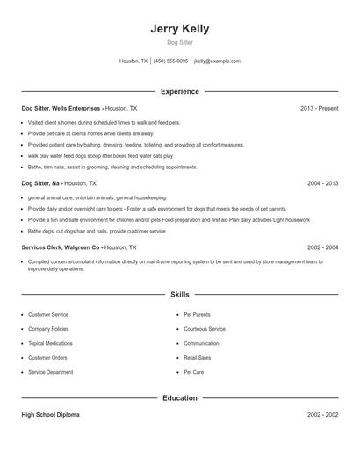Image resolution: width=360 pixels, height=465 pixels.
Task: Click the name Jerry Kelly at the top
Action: point(180,29)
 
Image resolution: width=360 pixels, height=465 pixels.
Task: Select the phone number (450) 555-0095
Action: point(170,61)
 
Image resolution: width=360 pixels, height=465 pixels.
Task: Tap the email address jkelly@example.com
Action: point(217,61)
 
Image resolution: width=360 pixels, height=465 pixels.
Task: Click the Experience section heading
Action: point(180,91)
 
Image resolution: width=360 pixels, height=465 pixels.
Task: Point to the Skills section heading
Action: point(180,295)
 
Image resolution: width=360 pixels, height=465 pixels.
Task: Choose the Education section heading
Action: point(180,398)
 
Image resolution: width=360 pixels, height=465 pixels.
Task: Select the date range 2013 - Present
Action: point(319,108)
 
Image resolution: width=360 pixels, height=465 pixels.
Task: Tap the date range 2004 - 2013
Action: point(322,184)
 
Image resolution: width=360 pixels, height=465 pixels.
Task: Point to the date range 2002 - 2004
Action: point(322,247)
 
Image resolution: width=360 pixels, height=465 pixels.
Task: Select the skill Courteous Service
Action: point(205,328)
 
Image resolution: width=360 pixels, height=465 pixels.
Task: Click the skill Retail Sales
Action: point(198,358)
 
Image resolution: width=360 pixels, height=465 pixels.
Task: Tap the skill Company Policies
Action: point(47,328)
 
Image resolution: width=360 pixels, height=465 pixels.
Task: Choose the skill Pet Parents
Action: point(198,313)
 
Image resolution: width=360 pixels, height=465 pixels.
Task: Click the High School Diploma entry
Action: point(50,414)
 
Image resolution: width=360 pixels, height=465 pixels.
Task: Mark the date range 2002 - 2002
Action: point(322,414)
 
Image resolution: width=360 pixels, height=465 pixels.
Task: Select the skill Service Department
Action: point(50,372)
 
